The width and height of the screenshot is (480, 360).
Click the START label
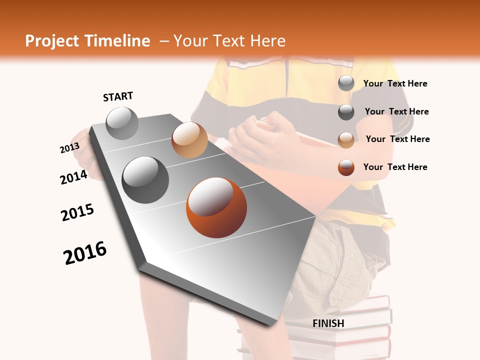pyautogui.click(x=118, y=96)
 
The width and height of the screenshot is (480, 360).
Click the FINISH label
pyautogui.click(x=328, y=323)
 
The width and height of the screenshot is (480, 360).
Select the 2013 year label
pyautogui.click(x=69, y=148)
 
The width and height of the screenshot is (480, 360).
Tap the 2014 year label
pyautogui.click(x=74, y=177)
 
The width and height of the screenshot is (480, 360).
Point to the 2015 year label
pyautogui.click(x=77, y=212)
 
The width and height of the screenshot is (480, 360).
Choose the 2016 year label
pyautogui.click(x=85, y=252)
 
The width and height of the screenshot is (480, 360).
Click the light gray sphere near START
pyautogui.click(x=122, y=123)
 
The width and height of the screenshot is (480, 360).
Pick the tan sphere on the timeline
pyautogui.click(x=189, y=139)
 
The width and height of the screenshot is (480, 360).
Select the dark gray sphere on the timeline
pyautogui.click(x=145, y=179)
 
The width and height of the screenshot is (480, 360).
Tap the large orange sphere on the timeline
pyautogui.click(x=216, y=207)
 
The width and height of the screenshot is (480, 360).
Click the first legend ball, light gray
pyautogui.click(x=346, y=83)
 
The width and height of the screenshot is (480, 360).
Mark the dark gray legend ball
pyautogui.click(x=346, y=112)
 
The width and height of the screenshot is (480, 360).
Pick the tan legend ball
pyautogui.click(x=346, y=140)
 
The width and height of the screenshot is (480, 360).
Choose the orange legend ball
pyautogui.click(x=346, y=167)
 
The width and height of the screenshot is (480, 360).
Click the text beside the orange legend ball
pyautogui.click(x=395, y=167)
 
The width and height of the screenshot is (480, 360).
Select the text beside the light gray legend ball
pyautogui.click(x=395, y=83)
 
